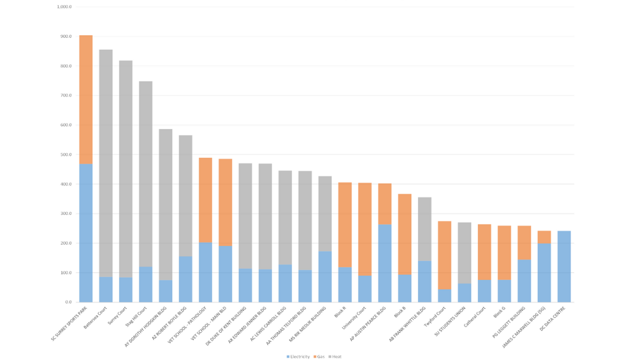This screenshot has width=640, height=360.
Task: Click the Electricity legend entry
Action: pyautogui.click(x=298, y=356)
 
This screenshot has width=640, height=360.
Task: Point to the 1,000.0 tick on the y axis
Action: pyautogui.click(x=64, y=7)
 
